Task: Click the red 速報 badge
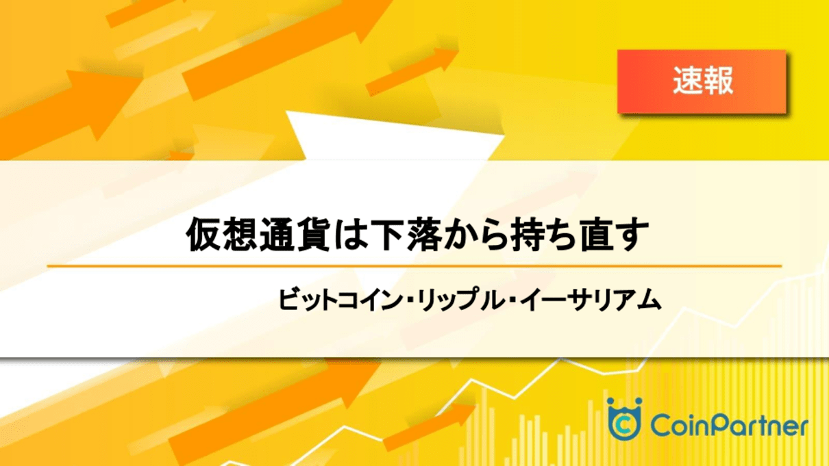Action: [x=702, y=81]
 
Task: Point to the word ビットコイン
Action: [x=340, y=300]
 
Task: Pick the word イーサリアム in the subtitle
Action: [x=591, y=300]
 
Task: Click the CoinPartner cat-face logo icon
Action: [x=624, y=419]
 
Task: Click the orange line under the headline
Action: [x=414, y=266]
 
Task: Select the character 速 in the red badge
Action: [x=687, y=81]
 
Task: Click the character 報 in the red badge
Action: [x=718, y=81]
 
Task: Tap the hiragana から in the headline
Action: [x=475, y=235]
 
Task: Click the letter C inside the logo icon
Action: [x=624, y=425]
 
